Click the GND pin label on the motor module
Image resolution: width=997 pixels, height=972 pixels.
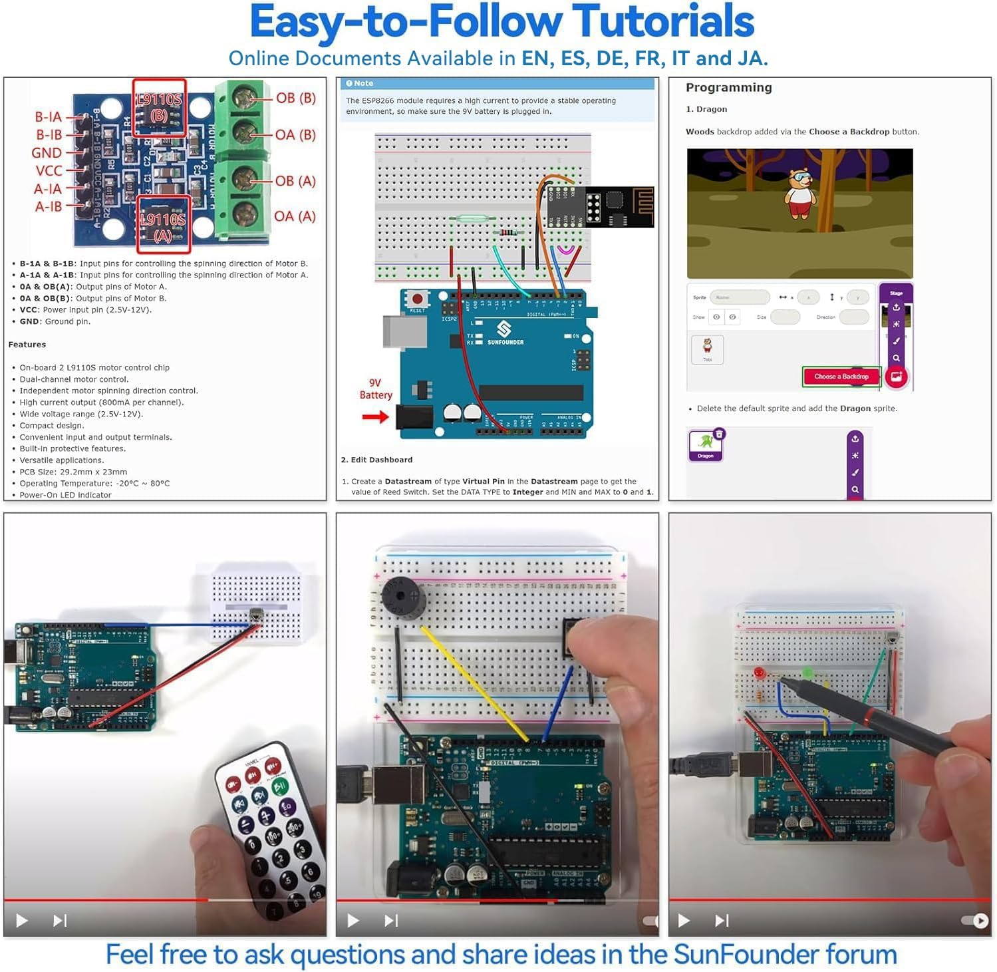[x=47, y=153]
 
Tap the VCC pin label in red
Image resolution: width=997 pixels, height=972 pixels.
[x=49, y=171]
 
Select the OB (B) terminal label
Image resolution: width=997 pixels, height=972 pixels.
[x=295, y=98]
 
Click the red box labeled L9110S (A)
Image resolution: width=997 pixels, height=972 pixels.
[x=164, y=224]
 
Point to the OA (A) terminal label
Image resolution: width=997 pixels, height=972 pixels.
[x=295, y=216]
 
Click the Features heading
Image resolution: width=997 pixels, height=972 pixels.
[x=27, y=345]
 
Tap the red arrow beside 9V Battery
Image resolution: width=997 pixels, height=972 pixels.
[x=375, y=417]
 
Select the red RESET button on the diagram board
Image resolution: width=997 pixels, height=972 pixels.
[x=417, y=299]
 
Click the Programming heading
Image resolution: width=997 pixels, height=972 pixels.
[x=728, y=88]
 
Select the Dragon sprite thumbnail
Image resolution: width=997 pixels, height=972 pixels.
[x=706, y=445]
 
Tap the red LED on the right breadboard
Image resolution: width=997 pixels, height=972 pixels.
[x=759, y=673]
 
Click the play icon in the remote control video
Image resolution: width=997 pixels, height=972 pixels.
[x=22, y=921]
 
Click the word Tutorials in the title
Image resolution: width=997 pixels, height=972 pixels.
[x=662, y=23]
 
